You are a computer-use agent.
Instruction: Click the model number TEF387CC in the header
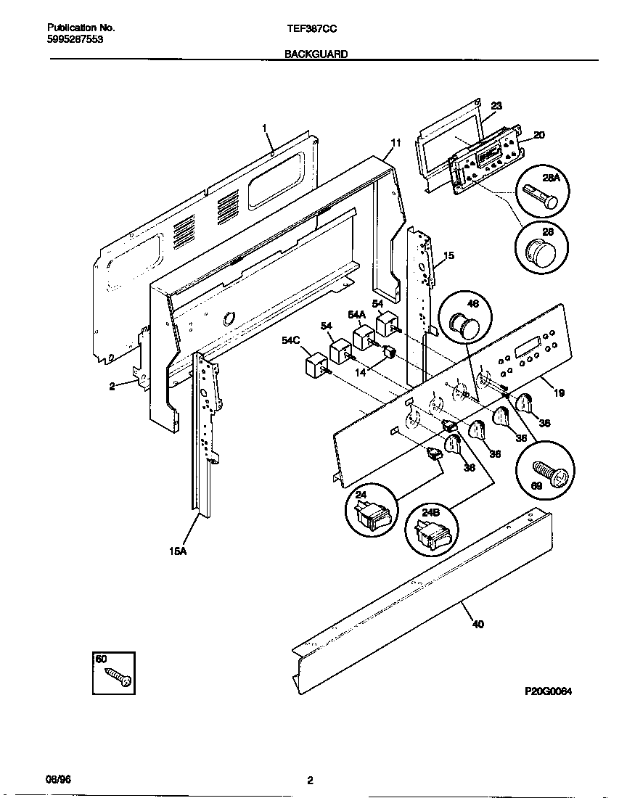(313, 28)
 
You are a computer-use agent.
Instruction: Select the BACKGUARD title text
(316, 54)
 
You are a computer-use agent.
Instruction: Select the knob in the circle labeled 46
(462, 321)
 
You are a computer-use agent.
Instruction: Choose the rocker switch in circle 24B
(434, 537)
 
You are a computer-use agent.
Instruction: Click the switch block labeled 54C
(315, 364)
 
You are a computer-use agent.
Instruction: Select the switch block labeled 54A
(363, 338)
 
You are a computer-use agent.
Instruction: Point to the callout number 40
(478, 624)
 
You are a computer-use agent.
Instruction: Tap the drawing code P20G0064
(549, 692)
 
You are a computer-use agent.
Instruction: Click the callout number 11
(396, 142)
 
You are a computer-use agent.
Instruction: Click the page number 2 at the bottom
(310, 781)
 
